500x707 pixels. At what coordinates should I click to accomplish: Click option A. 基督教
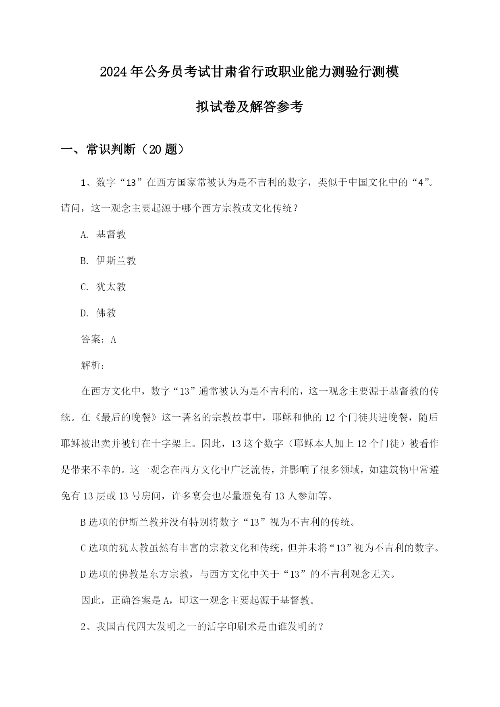(x=103, y=235)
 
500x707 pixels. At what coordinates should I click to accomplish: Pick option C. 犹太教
(x=103, y=287)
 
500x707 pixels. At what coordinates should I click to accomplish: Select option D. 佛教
(x=98, y=313)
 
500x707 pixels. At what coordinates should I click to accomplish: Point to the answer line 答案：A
(x=98, y=339)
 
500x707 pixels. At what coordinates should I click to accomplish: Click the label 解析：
(x=93, y=366)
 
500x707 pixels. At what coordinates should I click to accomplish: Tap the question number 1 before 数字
(x=83, y=183)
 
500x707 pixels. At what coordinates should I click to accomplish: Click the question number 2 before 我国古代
(x=83, y=627)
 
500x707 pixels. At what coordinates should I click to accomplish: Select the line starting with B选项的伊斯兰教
(x=218, y=522)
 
